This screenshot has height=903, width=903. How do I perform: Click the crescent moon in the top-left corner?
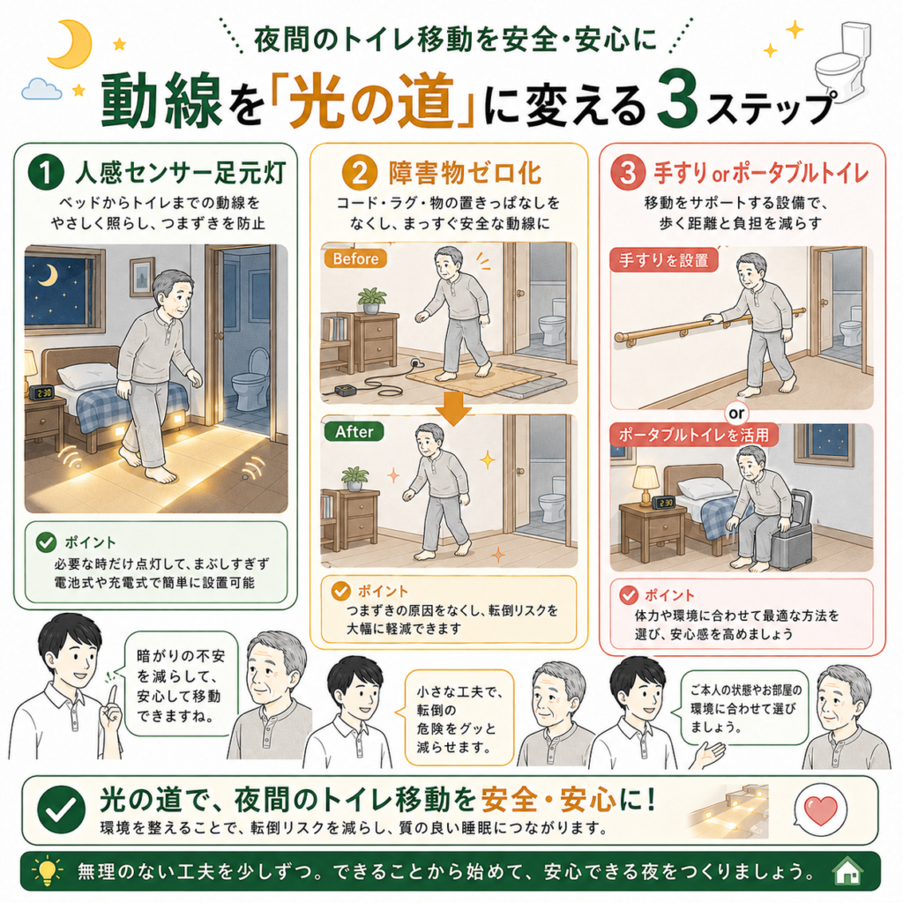click(x=65, y=44)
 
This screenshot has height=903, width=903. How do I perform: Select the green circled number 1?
click(x=46, y=172)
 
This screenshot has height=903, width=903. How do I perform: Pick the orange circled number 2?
click(x=360, y=172)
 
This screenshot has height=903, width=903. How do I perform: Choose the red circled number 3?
click(x=628, y=172)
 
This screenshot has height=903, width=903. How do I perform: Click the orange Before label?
click(x=354, y=258)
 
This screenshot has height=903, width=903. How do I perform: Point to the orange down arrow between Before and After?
click(x=453, y=408)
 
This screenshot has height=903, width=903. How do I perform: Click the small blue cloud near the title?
click(x=41, y=89)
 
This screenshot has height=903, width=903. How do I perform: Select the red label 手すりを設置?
click(x=663, y=260)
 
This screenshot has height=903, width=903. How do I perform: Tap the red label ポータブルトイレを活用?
click(x=693, y=435)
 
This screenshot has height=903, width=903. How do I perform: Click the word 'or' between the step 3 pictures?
click(x=736, y=413)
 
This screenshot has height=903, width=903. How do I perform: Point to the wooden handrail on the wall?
click(x=710, y=325)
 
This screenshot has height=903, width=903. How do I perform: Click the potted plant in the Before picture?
click(x=371, y=300)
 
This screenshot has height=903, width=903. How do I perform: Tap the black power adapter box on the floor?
click(x=346, y=391)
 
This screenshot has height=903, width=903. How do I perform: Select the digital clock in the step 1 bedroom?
click(x=41, y=392)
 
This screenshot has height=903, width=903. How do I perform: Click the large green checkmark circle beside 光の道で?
click(x=61, y=810)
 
